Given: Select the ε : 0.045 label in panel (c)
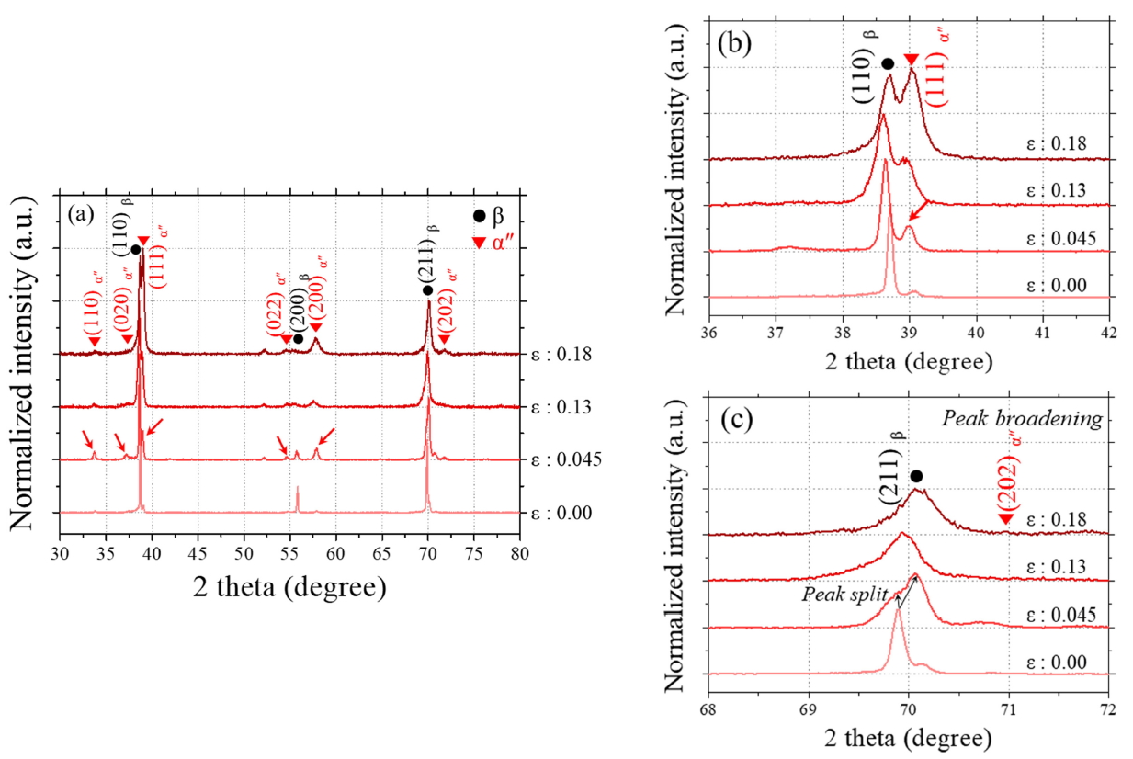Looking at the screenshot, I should point(1059,616).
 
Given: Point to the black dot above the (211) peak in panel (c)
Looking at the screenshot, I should point(916,475).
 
